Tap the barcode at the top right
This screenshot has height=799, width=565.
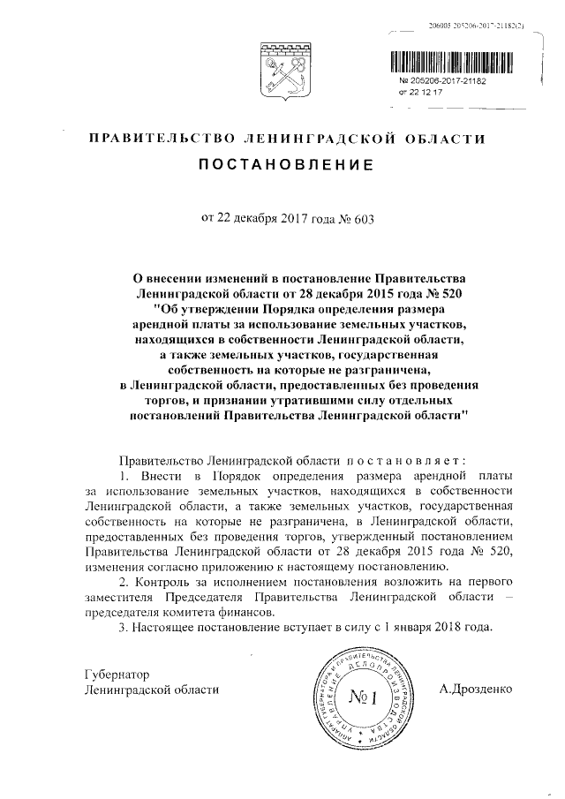click(x=452, y=63)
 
